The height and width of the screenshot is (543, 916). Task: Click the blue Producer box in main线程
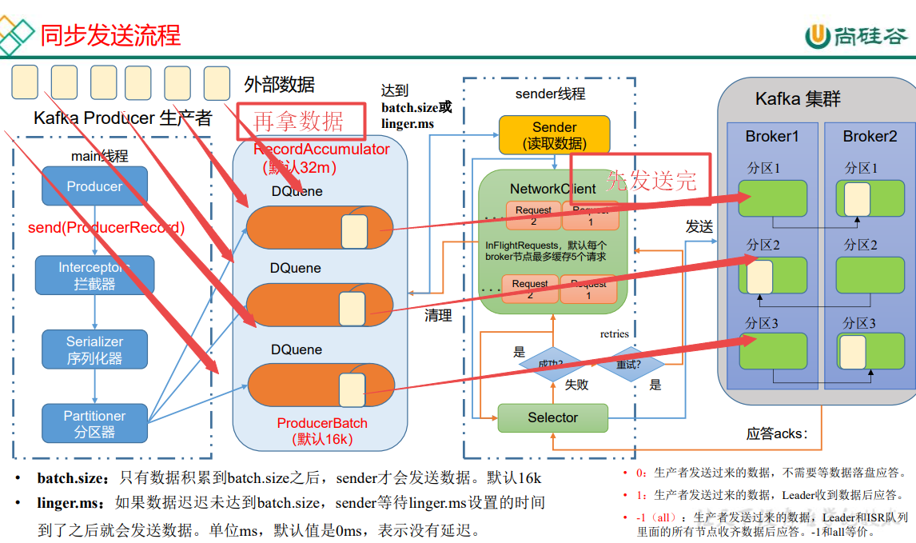pos(94,186)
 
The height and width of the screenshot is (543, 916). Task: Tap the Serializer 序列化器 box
pos(94,349)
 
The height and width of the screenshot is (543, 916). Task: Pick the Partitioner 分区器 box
pos(94,424)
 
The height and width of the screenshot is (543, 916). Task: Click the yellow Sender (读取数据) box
pos(554,135)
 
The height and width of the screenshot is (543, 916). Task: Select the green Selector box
pos(552,417)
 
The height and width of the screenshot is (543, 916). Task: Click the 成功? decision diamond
pos(551,364)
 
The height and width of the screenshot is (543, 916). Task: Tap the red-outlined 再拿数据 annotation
pos(300,121)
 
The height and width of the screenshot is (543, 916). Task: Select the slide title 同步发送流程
pos(111,35)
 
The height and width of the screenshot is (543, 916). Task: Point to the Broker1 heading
pos(771,137)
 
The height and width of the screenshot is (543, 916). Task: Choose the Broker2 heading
pos(870,137)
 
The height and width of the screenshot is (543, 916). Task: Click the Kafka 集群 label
pos(798,100)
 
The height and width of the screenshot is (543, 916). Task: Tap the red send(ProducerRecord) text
pos(106,228)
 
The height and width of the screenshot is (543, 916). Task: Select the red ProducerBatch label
pos(321,423)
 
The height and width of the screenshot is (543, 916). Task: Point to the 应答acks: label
pos(777,434)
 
